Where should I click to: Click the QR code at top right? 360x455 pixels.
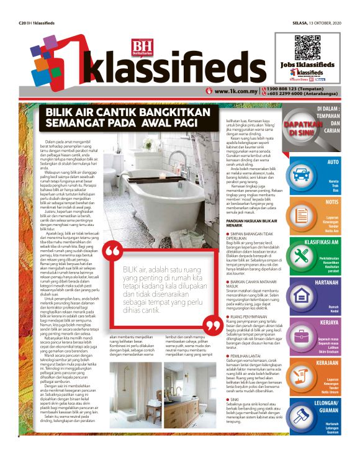pos(306,47)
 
